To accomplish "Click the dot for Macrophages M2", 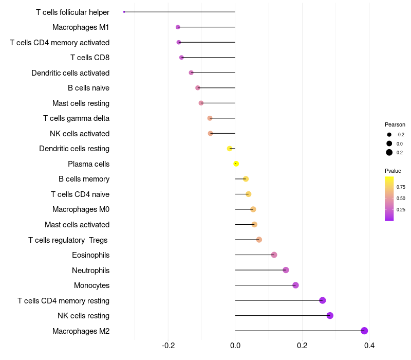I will pos(364,331).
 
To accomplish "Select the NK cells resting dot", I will pos(330,315).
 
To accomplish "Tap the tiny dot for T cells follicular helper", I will pos(124,12).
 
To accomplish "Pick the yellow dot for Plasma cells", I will pos(236,164).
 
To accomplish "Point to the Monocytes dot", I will pos(295,285).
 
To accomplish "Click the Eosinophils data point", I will pos(274,255).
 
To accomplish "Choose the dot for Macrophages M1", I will pos(178,27).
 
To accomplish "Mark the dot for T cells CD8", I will pos(181,57).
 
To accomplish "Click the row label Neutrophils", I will pos(90,270).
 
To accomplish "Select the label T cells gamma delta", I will pos(76,118).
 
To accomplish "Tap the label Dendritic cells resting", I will pos(74,149).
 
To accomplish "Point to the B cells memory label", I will pos(84,179).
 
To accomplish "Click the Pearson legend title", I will pos(395,124).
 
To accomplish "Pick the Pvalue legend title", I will pos(393,171).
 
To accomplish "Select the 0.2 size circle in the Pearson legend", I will pos(389,152).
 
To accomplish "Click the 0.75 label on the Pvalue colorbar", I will pos(401,187).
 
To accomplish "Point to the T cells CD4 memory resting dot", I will pos(322,300).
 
